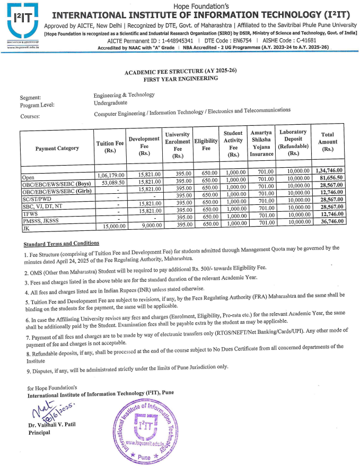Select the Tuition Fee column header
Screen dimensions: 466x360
[x=110, y=148]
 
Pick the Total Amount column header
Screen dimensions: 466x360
[x=328, y=142]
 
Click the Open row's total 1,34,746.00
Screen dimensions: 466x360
[x=329, y=170]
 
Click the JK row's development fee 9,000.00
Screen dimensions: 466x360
[x=144, y=224]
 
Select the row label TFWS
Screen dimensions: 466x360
[x=29, y=212]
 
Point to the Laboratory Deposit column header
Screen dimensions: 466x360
[x=293, y=142]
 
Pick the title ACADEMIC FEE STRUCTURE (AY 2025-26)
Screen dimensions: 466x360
[x=170, y=72]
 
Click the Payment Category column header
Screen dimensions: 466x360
[x=57, y=148]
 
